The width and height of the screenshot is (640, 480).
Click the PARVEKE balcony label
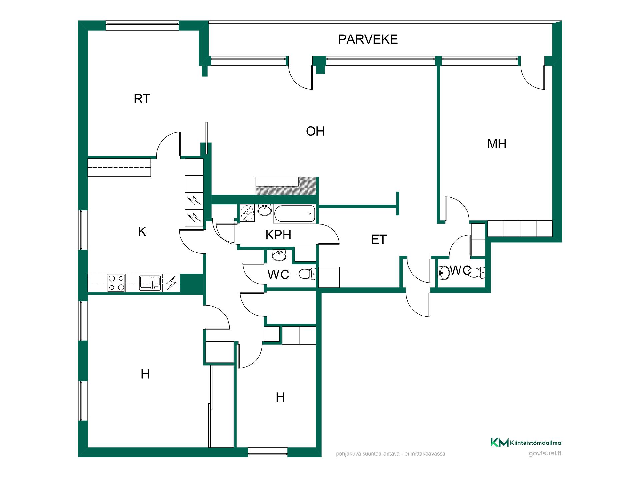tap(368, 39)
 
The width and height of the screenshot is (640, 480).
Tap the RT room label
tap(142, 99)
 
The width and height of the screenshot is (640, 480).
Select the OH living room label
tap(315, 131)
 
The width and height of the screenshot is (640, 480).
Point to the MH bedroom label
tap(497, 144)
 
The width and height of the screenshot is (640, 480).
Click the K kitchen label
tap(142, 232)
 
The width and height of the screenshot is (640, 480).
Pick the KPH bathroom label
tap(278, 235)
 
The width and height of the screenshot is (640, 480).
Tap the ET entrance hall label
tap(379, 240)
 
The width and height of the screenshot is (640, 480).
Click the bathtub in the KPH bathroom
tap(294, 214)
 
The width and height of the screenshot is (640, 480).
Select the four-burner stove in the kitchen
tap(116, 283)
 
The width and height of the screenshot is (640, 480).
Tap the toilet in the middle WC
tap(307, 274)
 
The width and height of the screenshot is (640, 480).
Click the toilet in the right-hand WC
tap(477, 272)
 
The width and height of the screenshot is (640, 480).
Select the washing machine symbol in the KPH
tap(247, 213)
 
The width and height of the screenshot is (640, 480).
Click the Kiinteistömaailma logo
tap(526, 443)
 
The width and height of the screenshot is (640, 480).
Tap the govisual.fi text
tap(545, 453)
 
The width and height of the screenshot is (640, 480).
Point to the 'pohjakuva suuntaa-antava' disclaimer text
tap(391, 454)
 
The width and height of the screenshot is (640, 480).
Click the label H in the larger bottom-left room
tap(145, 374)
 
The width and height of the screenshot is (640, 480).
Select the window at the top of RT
tap(142, 26)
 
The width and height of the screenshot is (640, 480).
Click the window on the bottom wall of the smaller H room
tap(268, 452)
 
